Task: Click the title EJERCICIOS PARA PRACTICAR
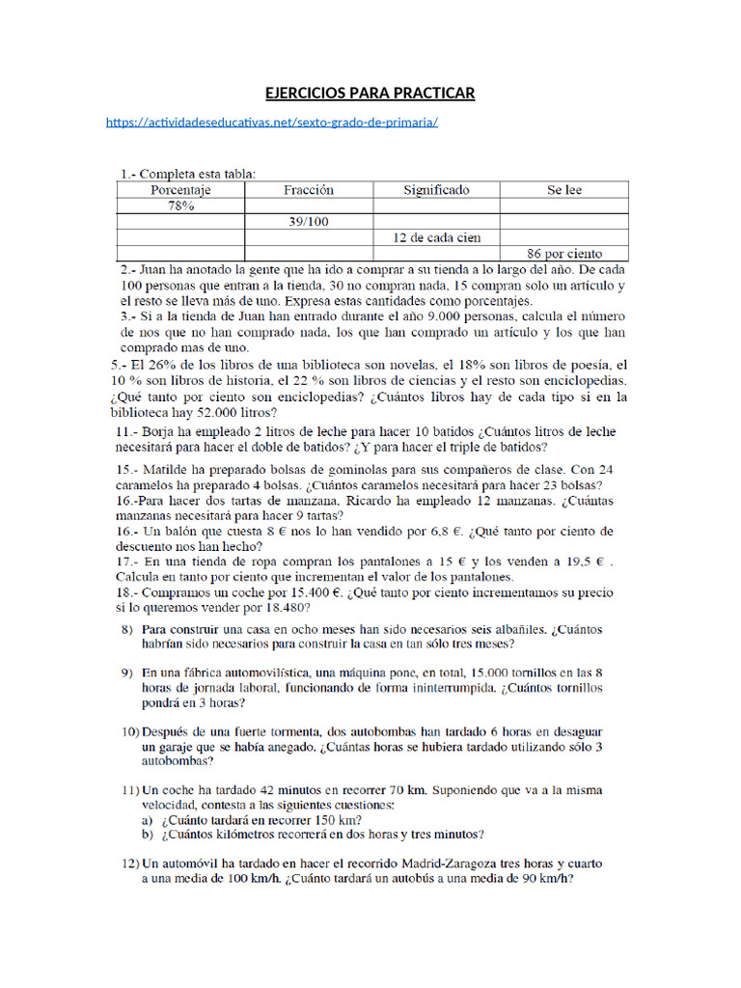[370, 93]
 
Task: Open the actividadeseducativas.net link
[272, 123]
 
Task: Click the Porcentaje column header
[180, 191]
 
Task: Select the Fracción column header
[309, 191]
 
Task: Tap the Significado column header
[436, 191]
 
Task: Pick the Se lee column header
[564, 191]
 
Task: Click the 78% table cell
[180, 206]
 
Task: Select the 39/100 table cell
[309, 222]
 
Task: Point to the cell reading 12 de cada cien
[436, 237]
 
